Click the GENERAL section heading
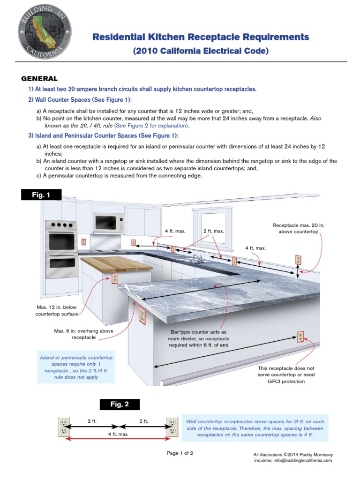tap(40, 79)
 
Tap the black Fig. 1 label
tap(41, 195)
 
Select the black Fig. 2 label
tap(119, 405)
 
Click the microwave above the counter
tap(108, 221)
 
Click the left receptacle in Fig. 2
tap(63, 426)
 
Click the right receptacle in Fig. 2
tap(172, 426)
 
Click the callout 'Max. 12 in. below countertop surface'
tap(57, 310)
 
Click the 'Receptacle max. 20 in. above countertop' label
tap(299, 228)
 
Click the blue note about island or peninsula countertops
tap(76, 367)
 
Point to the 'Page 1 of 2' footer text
tap(180, 453)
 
